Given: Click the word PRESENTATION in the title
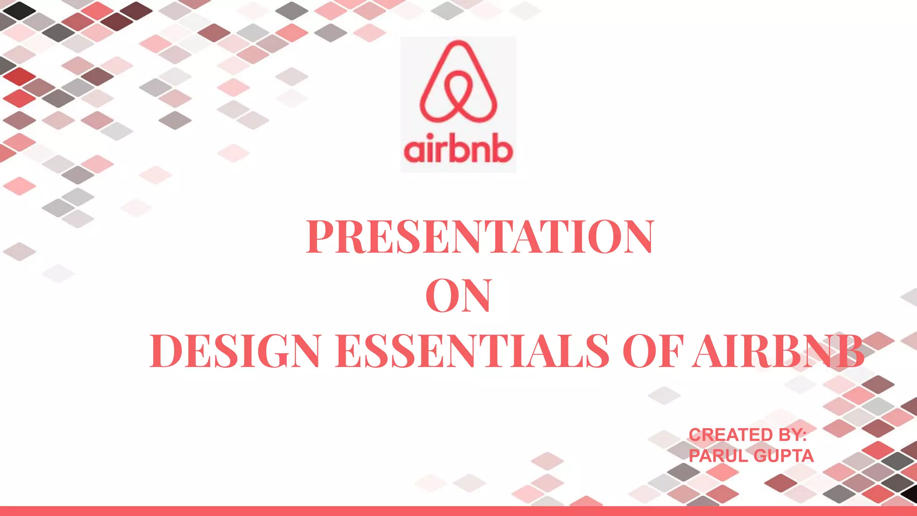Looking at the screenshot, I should click(480, 237).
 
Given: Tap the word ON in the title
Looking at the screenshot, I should click(458, 296).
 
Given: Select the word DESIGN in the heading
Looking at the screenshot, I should click(235, 351).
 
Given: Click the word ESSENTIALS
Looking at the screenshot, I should click(472, 351).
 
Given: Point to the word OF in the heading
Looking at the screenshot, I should click(653, 351).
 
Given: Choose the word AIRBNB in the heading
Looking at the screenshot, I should click(778, 351).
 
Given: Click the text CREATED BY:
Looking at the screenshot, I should click(747, 435).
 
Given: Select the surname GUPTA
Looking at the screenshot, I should click(784, 456).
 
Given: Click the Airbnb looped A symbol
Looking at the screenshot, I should click(458, 83).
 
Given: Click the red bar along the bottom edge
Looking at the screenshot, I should click(458, 511).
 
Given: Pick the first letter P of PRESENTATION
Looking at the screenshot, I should click(321, 237).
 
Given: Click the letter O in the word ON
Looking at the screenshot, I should click(441, 296).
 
